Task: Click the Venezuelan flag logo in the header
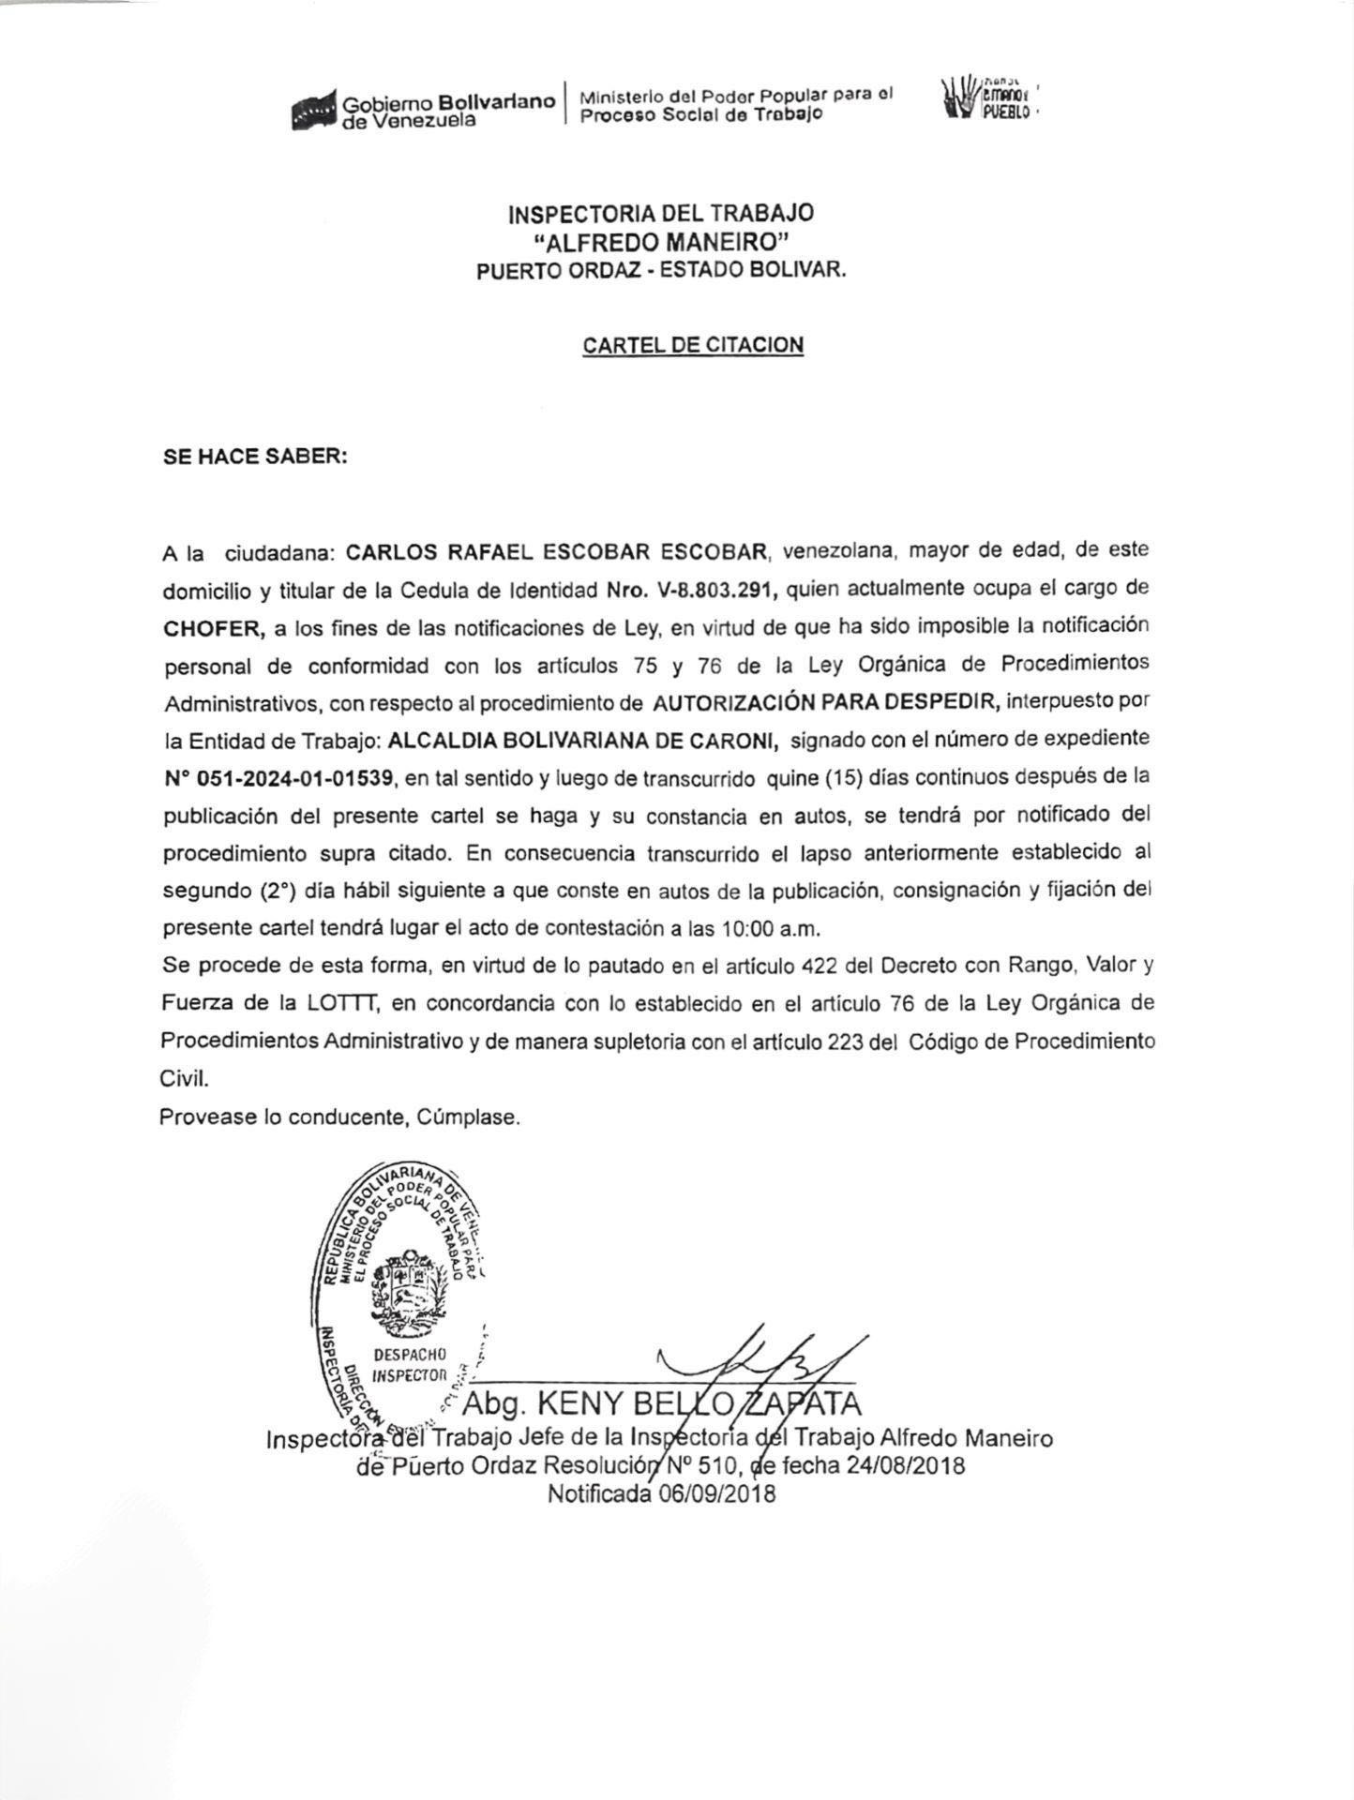314,111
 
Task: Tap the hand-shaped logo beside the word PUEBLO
959,97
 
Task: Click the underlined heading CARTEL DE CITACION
693,345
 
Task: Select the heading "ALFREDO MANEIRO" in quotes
660,242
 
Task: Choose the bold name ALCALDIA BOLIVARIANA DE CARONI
582,741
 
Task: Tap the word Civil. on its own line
184,1079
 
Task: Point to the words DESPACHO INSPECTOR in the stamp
410,1365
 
